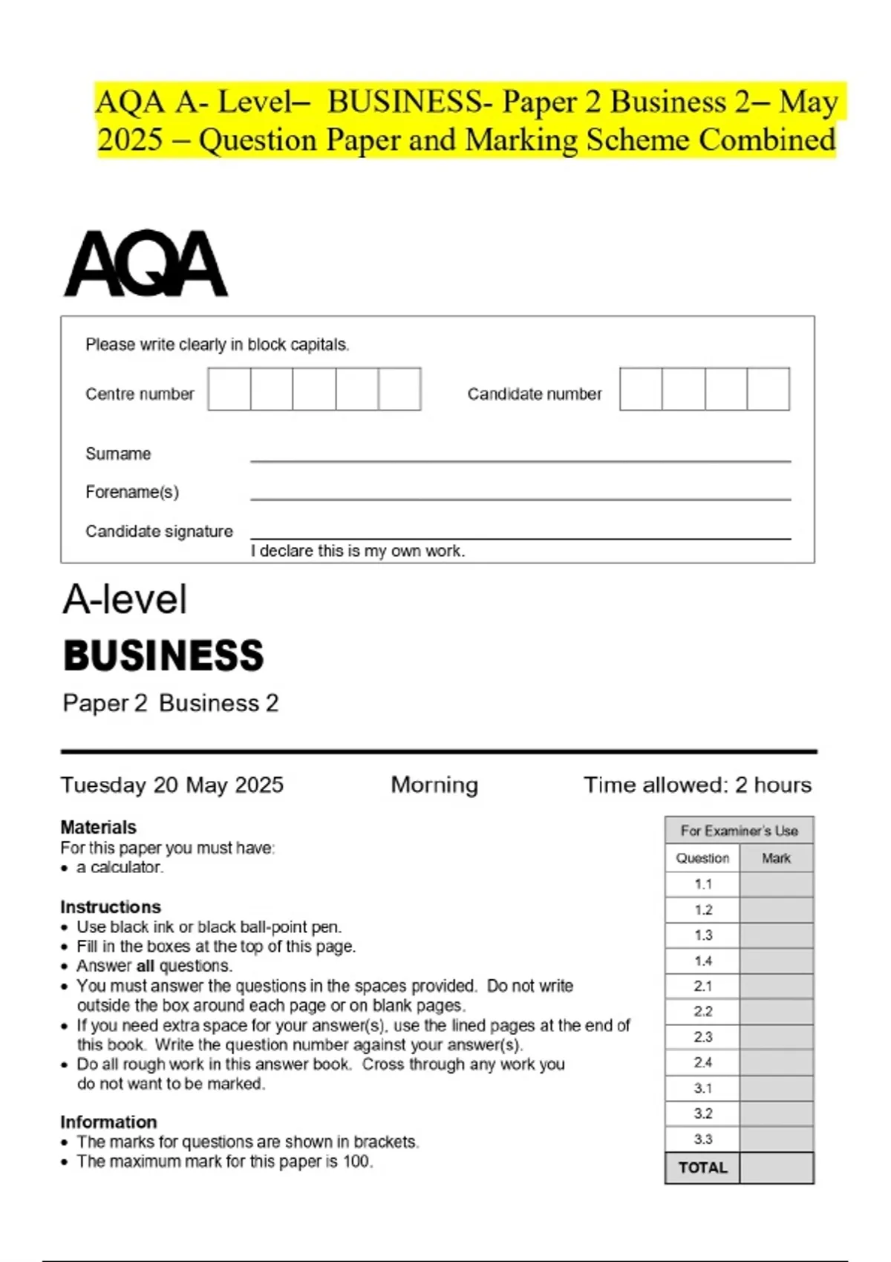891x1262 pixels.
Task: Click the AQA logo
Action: coord(146,264)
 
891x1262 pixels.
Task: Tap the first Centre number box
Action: coord(229,389)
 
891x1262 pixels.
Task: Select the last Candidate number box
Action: coord(768,389)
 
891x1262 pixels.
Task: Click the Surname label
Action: coord(118,454)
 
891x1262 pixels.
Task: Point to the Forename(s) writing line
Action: coord(520,497)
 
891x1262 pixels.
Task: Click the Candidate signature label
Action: coord(159,532)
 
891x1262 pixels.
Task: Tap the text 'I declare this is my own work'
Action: coord(357,551)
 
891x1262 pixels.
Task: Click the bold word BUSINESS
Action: coord(163,656)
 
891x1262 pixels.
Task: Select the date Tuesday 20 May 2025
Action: coord(172,785)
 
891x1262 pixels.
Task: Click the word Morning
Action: coord(434,785)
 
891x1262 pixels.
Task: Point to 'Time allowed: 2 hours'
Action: coord(697,785)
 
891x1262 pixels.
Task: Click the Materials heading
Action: coord(98,827)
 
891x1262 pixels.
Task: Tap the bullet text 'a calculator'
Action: coord(120,867)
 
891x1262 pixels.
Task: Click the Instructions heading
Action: coord(110,906)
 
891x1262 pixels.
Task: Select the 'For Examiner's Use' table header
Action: coord(739,831)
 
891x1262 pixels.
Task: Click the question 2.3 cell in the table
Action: coord(702,1037)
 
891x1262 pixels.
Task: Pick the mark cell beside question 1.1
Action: coord(776,884)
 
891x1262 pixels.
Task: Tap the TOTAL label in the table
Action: coord(702,1168)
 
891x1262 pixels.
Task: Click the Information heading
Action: coord(108,1122)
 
